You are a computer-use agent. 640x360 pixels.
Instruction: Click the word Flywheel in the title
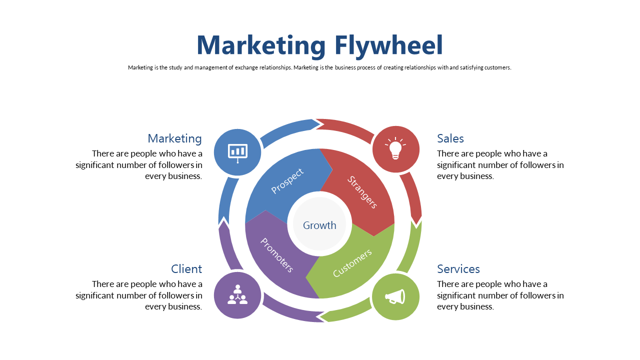point(388,45)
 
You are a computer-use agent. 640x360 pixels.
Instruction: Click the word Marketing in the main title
point(261,45)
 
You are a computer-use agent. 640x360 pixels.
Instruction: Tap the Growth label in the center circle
point(319,225)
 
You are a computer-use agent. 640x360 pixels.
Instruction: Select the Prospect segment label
point(287,181)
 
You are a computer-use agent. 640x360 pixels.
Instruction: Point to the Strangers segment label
point(362,192)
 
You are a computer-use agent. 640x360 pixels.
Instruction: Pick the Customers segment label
point(352,263)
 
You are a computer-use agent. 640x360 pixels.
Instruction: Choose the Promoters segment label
point(276,255)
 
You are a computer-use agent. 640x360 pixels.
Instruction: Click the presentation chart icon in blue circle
point(237,152)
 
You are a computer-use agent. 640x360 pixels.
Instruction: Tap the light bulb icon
point(395,148)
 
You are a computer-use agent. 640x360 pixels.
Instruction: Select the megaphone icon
point(395,296)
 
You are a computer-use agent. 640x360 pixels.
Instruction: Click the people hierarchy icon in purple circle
point(237,294)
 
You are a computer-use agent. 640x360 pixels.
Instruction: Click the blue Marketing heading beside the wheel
point(174,138)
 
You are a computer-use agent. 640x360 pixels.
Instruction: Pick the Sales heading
point(450,138)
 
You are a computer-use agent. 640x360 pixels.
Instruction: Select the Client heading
point(186,269)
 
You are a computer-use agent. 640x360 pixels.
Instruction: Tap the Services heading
point(458,269)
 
